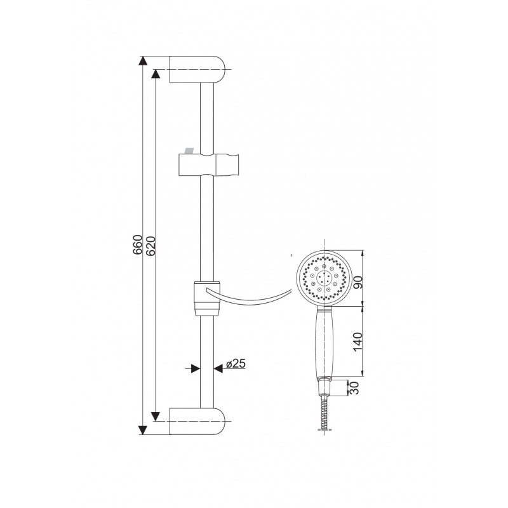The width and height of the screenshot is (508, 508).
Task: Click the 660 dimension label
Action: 137,244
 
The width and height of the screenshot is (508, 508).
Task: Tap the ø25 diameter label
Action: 236,363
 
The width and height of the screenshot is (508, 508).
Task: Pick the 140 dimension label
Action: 358,342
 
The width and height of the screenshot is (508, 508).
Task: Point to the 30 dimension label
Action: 355,388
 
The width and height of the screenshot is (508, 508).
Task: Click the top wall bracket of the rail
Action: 197,69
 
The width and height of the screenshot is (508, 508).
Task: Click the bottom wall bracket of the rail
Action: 197,421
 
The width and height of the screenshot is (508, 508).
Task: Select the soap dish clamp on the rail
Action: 208,298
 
